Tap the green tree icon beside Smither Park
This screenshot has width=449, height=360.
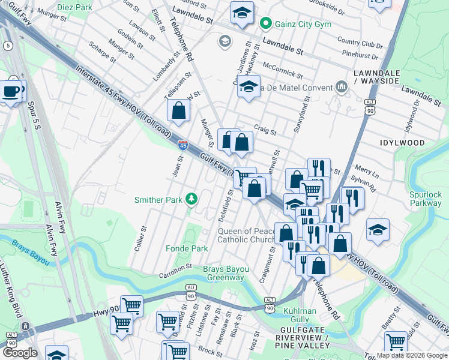tap(191, 198)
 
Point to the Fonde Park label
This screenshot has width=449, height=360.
tap(187, 248)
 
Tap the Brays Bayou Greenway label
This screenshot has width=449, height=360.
tap(225, 273)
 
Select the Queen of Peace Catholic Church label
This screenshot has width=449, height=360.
tap(246, 235)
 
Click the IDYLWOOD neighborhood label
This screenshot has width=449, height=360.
tap(402, 143)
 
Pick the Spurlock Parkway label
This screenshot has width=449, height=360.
tap(425, 199)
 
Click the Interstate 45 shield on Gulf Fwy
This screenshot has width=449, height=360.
tap(183, 145)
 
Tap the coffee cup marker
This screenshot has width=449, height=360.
tap(11, 92)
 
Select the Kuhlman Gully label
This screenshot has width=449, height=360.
tap(300, 315)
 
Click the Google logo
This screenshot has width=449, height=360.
tap(20, 352)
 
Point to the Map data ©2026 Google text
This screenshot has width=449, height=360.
tap(411, 355)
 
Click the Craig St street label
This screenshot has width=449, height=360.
tap(265, 130)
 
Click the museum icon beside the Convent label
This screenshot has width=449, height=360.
tap(342, 88)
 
